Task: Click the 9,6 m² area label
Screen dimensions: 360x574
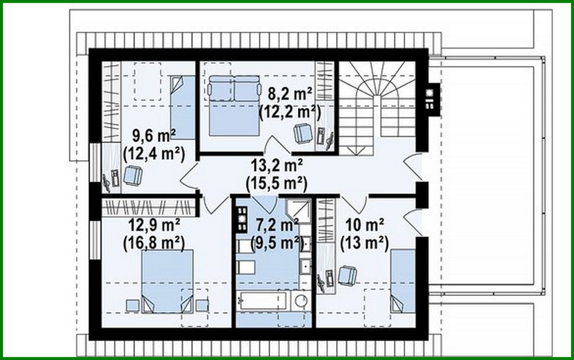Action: coord(154,135)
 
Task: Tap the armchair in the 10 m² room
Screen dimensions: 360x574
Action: coord(347,275)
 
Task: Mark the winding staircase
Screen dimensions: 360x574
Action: coord(377,105)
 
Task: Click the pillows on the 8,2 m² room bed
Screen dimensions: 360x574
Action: coord(234,88)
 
